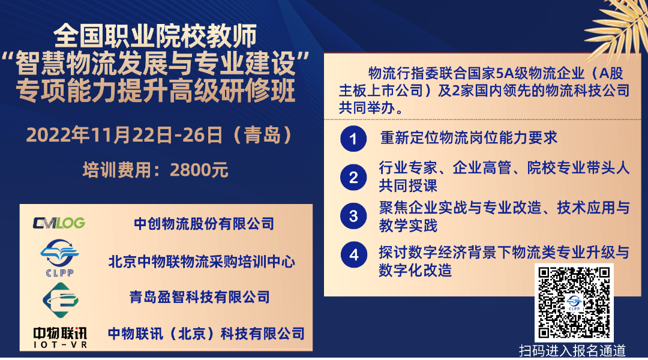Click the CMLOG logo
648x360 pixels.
pos(59,223)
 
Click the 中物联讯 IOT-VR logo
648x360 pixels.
pos(59,336)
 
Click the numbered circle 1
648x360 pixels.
pos(353,139)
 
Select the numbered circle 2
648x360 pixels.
pos(353,176)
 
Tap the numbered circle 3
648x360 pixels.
pos(353,216)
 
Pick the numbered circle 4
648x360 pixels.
pos(353,255)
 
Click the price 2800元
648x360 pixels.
pos(199,170)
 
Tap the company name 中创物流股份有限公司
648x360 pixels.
pos(204,224)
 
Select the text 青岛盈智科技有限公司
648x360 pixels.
pos(200,297)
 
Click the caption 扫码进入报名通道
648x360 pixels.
pos(572,350)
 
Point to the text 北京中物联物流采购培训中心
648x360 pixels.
pos(202,261)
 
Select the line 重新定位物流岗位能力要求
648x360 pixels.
pos(469,138)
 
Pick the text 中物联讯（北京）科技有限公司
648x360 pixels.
pos(206,333)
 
